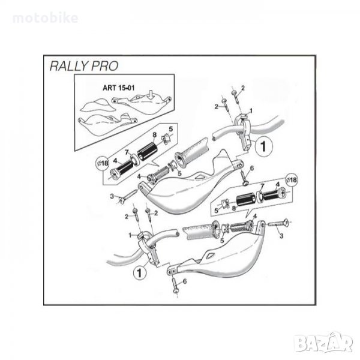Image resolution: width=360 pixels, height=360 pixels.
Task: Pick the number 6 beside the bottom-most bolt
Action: coord(185,281)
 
